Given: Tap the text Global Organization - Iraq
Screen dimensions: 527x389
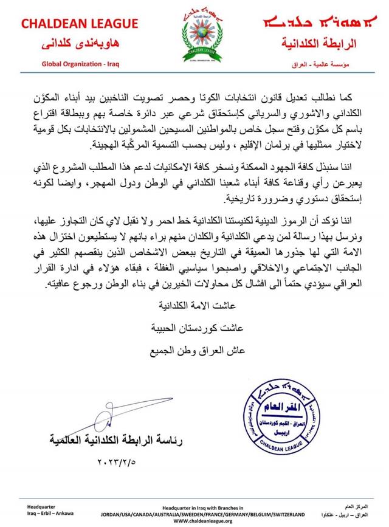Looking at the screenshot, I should (72, 63).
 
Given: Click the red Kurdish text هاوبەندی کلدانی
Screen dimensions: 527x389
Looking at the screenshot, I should (71, 44).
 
